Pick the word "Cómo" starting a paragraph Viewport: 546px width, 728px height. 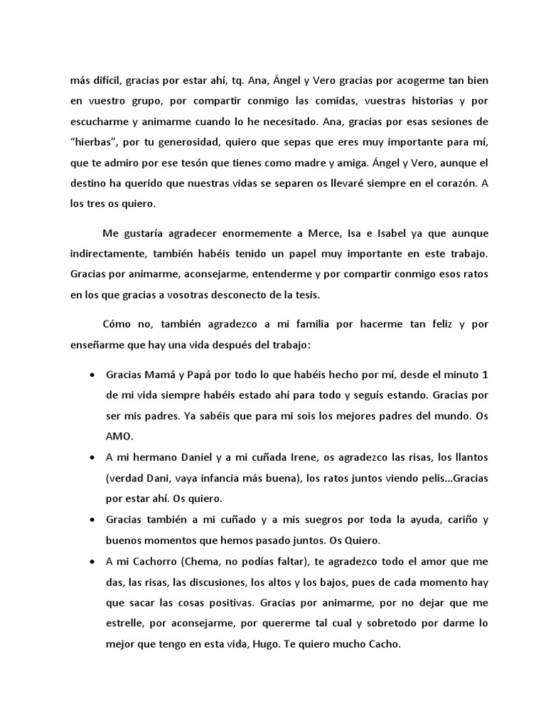click(117, 323)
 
